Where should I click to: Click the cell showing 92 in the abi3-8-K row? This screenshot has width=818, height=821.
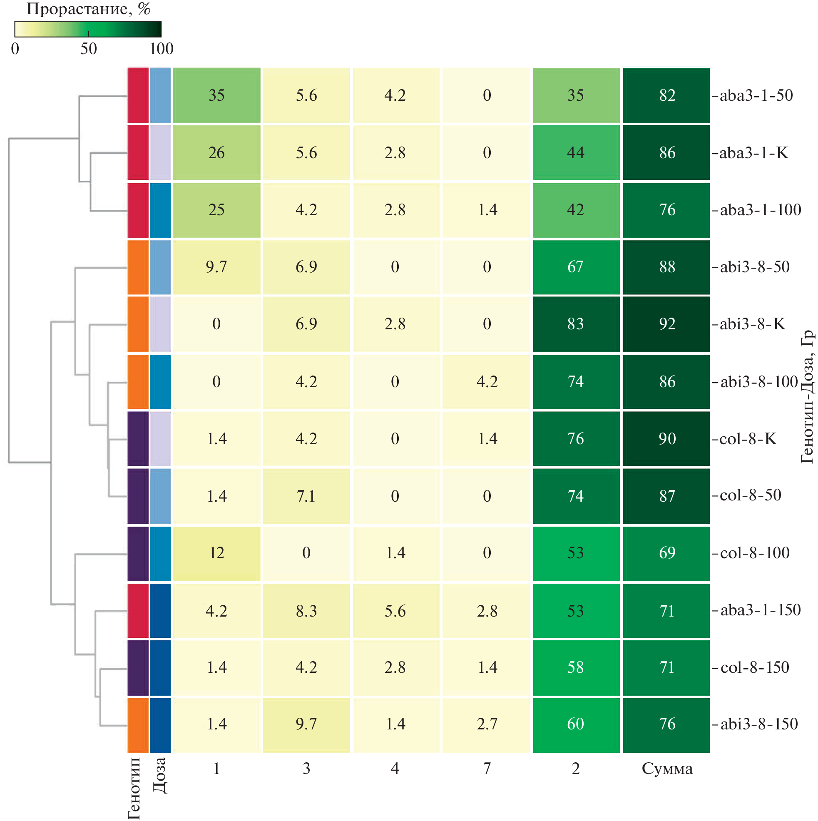(666, 324)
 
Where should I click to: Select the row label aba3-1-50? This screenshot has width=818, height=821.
(756, 95)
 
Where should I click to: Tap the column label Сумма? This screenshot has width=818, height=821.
(667, 768)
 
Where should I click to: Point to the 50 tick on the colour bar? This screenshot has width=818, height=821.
(88, 48)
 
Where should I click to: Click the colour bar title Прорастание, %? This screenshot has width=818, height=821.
(88, 9)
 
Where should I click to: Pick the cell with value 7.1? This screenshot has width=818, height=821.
(306, 496)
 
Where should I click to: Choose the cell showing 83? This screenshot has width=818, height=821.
(576, 324)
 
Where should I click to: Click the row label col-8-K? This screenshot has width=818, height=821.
(748, 438)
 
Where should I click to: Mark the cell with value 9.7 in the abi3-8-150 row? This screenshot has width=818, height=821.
(306, 724)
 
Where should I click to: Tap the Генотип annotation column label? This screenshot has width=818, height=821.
(134, 788)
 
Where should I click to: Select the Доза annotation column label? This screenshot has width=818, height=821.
(160, 776)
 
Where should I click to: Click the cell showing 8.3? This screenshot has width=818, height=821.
(306, 611)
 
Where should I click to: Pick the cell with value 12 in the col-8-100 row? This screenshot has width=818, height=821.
(216, 553)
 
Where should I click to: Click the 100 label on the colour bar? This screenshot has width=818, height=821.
(162, 48)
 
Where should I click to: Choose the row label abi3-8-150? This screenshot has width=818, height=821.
(758, 724)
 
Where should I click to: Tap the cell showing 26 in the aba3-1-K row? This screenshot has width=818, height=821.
(216, 152)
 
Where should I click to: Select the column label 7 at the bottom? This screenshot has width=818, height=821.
(487, 768)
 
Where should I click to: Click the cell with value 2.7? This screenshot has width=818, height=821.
(487, 724)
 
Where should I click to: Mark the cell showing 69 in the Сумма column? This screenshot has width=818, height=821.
(666, 553)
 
